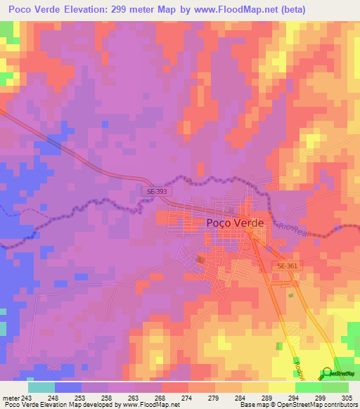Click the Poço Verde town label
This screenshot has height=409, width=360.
point(235,222)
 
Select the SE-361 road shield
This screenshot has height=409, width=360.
point(287,266)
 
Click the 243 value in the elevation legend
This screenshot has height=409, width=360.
point(27,397)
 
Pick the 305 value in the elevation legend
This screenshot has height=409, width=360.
point(348,397)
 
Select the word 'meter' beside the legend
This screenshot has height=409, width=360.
point(10,397)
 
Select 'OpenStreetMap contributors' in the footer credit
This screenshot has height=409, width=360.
point(321,405)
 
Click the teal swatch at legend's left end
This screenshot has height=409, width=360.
point(41,387)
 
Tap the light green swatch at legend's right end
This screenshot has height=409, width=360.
point(335,387)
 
